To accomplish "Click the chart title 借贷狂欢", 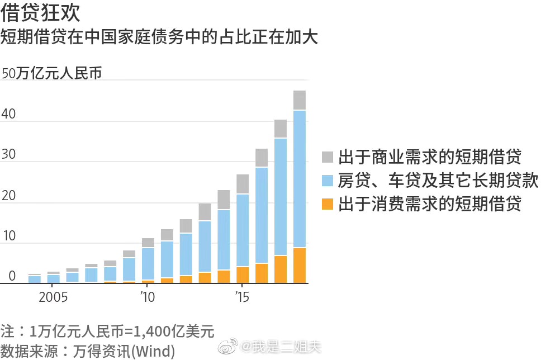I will point(41,13).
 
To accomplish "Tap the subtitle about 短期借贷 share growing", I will point(159,37).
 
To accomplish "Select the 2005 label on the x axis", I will point(53,296).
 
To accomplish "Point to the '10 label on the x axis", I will point(148,296).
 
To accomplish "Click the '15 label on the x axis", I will point(242,296).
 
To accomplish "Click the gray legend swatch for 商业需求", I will point(328,157).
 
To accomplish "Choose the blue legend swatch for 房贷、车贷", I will point(328,181).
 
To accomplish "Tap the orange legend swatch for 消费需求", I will point(328,205).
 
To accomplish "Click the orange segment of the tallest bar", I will point(300,266).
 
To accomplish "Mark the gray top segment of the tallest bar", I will point(300,100).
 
